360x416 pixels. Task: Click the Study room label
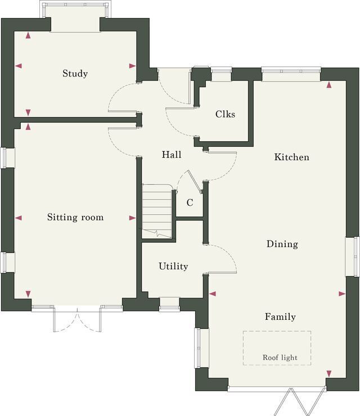tap(75, 74)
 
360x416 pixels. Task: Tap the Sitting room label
tap(75, 217)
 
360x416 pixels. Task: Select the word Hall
tap(172, 155)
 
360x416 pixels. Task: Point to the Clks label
tap(225, 114)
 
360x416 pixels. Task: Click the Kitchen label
tap(292, 157)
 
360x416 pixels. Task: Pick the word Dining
tap(282, 244)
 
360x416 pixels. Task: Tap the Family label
tap(280, 316)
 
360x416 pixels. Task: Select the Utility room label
tap(173, 266)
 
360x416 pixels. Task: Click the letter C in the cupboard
tap(190, 203)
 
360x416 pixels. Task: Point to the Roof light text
tap(280, 358)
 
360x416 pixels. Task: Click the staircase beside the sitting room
tap(157, 211)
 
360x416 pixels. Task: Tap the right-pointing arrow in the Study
tap(133, 66)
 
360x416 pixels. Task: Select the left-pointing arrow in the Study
tap(19, 66)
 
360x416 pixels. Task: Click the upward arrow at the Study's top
tap(28, 35)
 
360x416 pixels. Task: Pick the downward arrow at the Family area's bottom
tap(329, 374)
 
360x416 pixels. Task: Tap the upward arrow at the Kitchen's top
tap(329, 85)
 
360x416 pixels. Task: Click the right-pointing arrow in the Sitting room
tap(133, 218)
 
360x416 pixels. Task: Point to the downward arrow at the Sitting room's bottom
tap(28, 294)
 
